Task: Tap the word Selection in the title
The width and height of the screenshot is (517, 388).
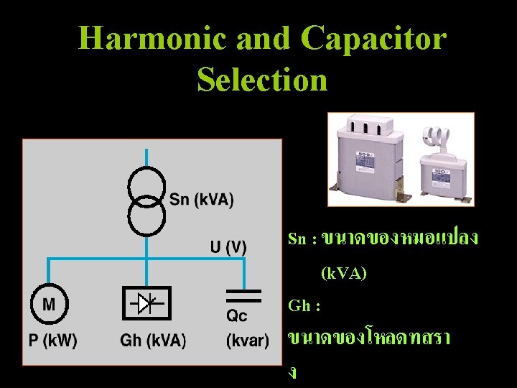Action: (262, 79)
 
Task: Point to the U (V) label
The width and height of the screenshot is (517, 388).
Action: (228, 248)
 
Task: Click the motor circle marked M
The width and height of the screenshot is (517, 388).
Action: (49, 305)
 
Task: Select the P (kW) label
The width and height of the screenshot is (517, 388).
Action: (53, 340)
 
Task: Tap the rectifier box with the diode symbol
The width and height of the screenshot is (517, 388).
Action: (147, 305)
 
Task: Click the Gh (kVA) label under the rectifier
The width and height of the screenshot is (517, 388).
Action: (153, 341)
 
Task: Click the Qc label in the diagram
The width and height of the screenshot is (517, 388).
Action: (238, 317)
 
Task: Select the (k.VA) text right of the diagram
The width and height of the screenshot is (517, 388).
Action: (343, 273)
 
